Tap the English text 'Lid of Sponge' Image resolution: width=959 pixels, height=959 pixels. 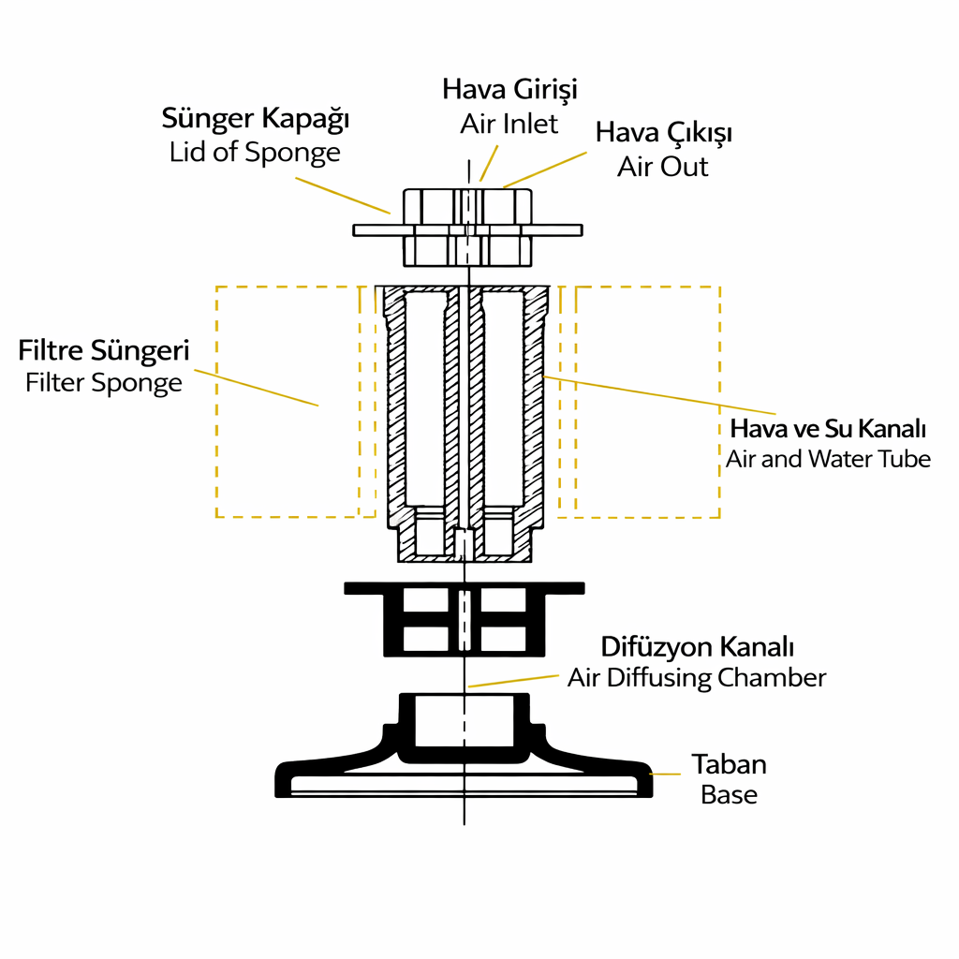255,152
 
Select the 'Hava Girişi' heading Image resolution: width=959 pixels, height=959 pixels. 509,90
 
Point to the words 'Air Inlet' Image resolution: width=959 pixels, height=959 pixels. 509,123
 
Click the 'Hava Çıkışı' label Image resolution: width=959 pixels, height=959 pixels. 664,133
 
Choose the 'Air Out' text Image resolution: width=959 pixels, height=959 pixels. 663,166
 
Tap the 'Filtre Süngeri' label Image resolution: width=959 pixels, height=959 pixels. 104,351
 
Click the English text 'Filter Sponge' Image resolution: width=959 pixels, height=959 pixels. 104,382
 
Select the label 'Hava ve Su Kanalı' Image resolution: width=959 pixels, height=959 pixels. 828,430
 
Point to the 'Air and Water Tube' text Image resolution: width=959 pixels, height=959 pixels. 828,459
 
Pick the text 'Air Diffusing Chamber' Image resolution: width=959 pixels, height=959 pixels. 697,677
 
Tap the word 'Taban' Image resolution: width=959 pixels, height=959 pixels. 729,764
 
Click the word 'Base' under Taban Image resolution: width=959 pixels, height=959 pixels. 729,795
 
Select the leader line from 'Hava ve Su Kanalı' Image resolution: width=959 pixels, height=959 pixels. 660,394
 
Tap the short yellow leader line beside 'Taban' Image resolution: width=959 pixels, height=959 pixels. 666,774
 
